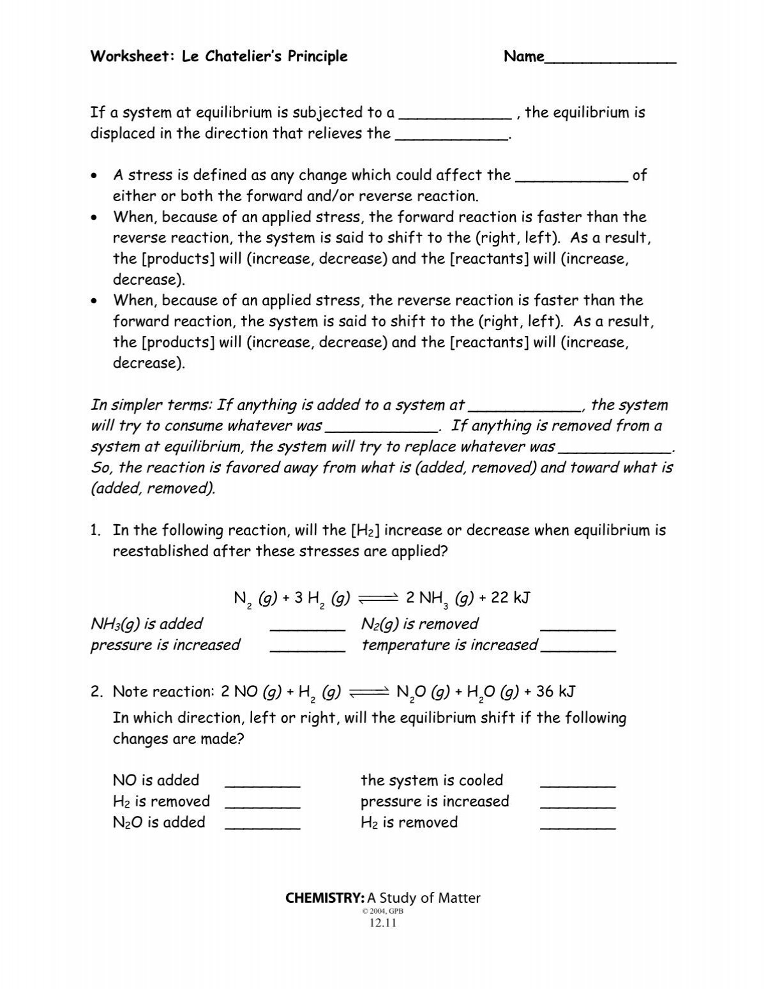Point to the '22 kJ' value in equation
pos(511,598)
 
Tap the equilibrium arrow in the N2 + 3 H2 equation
pos(379,598)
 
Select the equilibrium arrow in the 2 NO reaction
pos(369,692)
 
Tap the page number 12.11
pos(383,923)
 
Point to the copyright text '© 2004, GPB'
pos(383,911)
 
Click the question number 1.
pos(96,531)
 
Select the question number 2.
pos(96,691)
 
